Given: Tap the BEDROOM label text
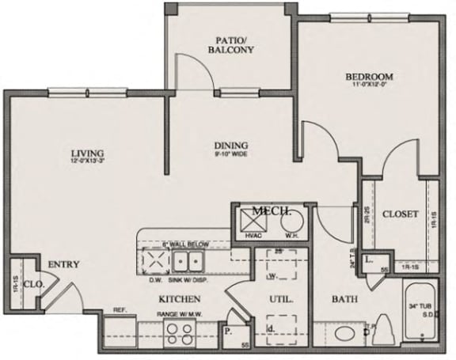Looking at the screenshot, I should [369, 77].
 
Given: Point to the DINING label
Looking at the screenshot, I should [231, 146].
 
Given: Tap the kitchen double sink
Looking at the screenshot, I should [188, 262].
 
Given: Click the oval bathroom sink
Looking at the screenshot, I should [346, 334].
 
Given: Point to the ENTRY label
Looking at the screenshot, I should [63, 264].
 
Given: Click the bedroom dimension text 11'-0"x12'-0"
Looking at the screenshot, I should [369, 85].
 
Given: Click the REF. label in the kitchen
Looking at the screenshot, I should [120, 309].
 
